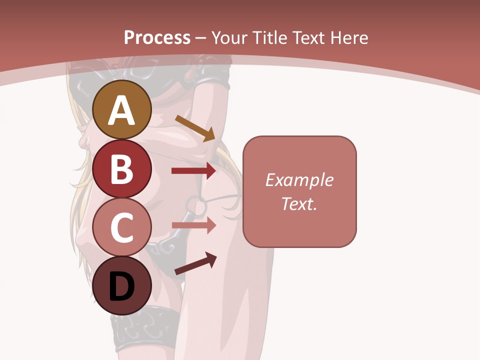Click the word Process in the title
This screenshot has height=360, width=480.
(x=157, y=38)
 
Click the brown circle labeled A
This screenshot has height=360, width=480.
(x=122, y=110)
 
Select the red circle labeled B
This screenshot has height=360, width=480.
(x=122, y=169)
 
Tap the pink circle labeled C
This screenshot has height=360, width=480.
(x=122, y=227)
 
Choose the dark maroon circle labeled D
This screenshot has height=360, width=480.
(x=122, y=286)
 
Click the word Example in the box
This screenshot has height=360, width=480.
(x=299, y=180)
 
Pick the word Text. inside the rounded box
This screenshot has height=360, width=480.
(x=299, y=203)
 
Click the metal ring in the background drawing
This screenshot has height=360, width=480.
(x=195, y=205)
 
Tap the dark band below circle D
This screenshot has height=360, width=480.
(x=145, y=327)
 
